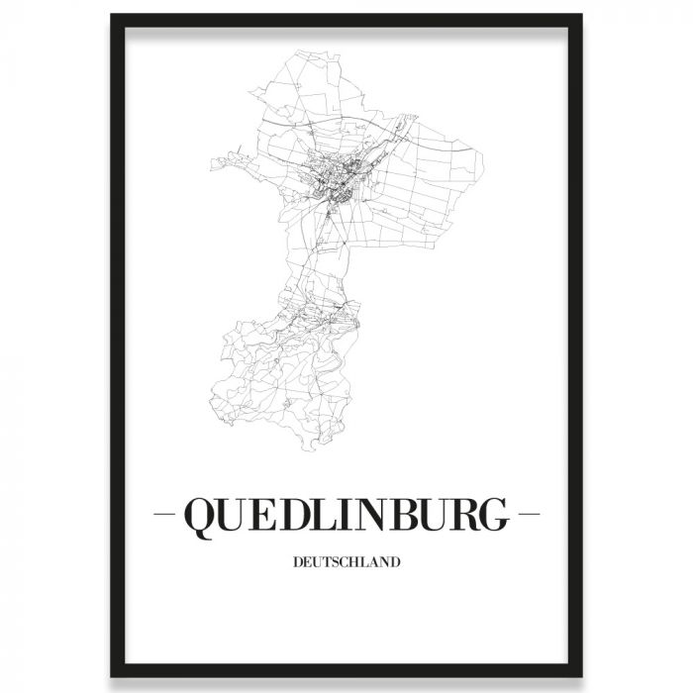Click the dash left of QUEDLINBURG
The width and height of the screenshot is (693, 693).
[169, 517]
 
